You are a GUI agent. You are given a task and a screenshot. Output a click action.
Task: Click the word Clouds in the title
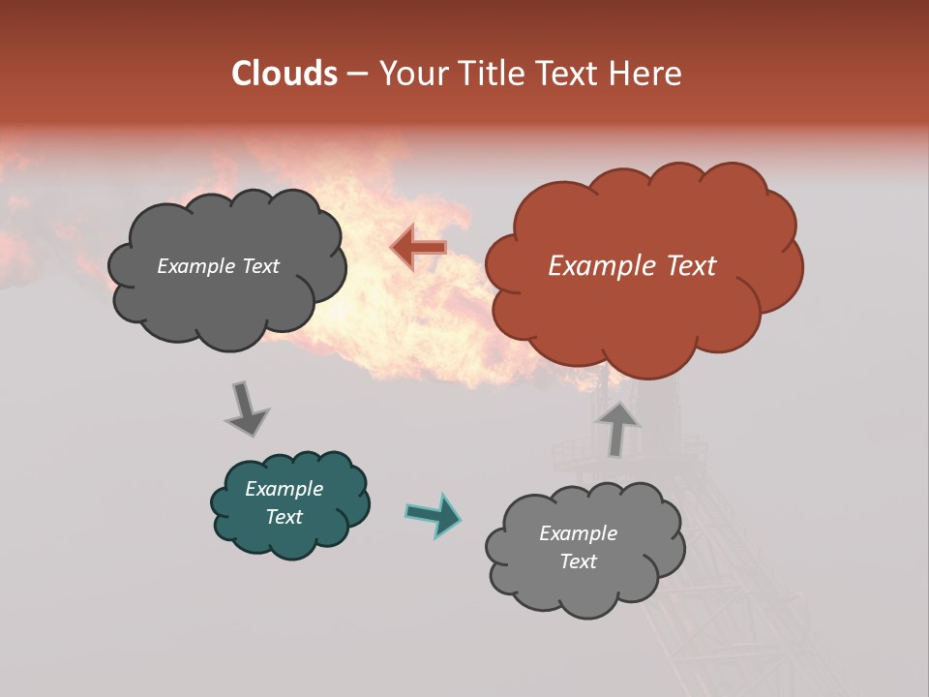(x=285, y=74)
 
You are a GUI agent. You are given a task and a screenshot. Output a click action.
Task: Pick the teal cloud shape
(x=290, y=537)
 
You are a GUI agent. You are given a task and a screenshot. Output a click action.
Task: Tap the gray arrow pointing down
(x=247, y=408)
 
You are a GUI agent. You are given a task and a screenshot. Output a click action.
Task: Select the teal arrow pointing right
(x=434, y=514)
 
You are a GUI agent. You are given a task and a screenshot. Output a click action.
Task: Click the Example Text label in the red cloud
(x=632, y=266)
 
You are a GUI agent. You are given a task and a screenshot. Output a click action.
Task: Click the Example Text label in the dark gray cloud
(x=218, y=266)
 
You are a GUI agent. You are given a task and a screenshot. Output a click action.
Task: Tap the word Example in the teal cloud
(x=284, y=489)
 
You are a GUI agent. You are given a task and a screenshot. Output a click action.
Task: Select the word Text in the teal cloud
(x=284, y=517)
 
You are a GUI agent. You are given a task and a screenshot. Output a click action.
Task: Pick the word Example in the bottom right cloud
(x=578, y=533)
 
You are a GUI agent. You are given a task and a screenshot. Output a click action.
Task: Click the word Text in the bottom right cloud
(x=578, y=561)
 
